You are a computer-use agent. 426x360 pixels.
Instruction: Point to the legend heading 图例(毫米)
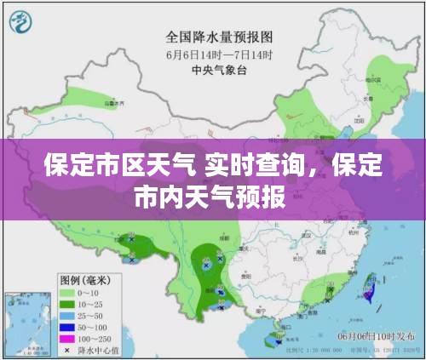tap(83, 280)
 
